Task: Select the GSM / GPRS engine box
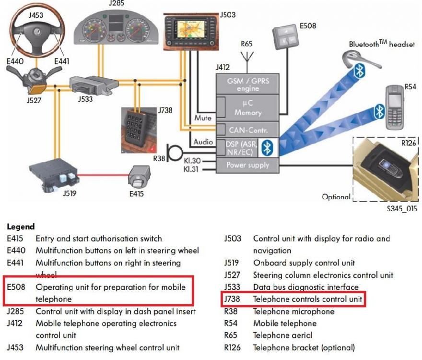(x=248, y=84)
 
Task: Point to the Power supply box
(x=248, y=165)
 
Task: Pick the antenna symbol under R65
(x=247, y=58)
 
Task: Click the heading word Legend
(x=21, y=226)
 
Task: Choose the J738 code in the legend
(x=233, y=300)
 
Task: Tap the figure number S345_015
(x=401, y=209)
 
